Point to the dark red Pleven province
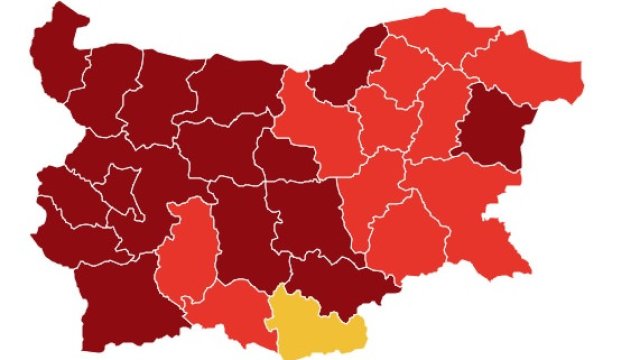(235, 90)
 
